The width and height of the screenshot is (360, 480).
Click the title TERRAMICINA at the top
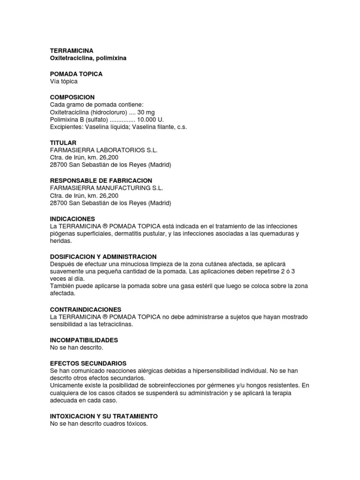[x=72, y=50]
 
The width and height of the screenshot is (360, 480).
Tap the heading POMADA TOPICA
[x=76, y=74]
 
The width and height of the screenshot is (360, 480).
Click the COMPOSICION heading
[x=72, y=97]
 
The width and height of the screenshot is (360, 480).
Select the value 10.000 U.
[x=150, y=120]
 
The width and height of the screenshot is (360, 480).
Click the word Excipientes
[x=65, y=127]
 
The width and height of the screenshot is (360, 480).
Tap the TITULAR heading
[x=63, y=142]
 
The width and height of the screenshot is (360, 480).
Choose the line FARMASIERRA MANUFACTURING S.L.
[x=106, y=188]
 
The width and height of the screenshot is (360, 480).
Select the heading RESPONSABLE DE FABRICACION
[x=101, y=180]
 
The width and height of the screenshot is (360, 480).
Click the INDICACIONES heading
[x=72, y=219]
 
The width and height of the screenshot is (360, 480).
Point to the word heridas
[x=60, y=241]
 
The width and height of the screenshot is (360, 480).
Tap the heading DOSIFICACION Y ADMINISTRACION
[x=103, y=256]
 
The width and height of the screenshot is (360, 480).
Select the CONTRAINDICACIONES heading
[x=85, y=309]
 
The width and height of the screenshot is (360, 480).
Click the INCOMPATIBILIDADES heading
[x=84, y=340]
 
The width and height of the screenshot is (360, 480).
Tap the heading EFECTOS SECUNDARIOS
[x=88, y=363]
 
